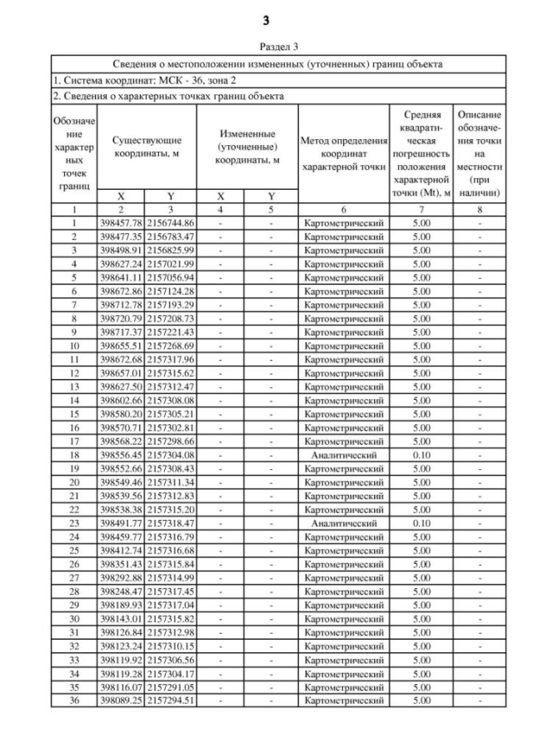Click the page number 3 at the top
[x=266, y=19]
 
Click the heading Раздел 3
[x=266, y=47]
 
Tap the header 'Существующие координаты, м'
[x=147, y=147]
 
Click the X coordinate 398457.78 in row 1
[x=121, y=223]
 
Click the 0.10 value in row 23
[x=421, y=523]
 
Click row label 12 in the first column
[x=74, y=373]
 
